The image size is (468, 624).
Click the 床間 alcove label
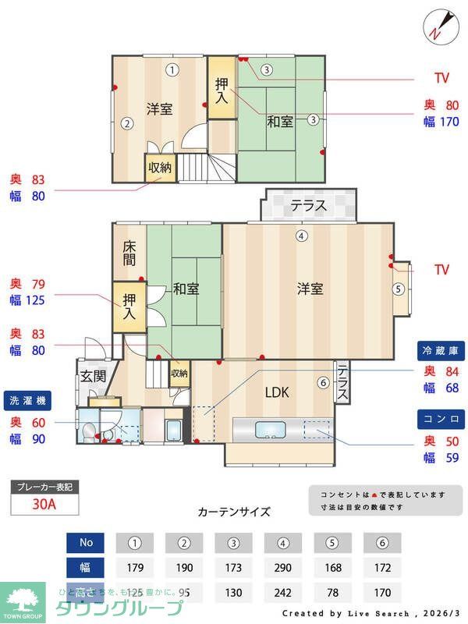129,251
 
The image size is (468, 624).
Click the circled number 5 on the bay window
399,289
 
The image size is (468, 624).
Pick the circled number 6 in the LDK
323,382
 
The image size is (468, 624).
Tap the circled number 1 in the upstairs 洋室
172,69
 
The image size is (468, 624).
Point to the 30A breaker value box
44,504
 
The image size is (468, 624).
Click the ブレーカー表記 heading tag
44,487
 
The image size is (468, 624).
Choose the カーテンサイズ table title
234,512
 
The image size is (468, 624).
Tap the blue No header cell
86,541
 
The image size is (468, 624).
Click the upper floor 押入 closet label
221,92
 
